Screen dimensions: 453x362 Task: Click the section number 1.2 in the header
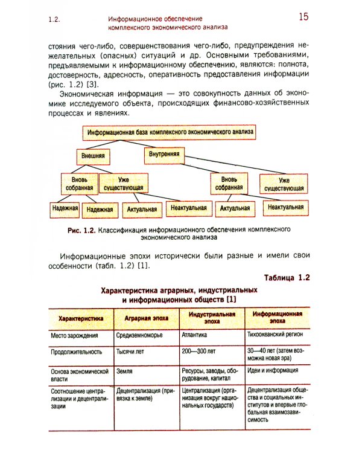54,20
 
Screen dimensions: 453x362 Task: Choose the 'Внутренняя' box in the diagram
164,154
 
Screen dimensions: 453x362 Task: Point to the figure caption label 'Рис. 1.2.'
82,230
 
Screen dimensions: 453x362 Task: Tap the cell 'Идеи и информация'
273,371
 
